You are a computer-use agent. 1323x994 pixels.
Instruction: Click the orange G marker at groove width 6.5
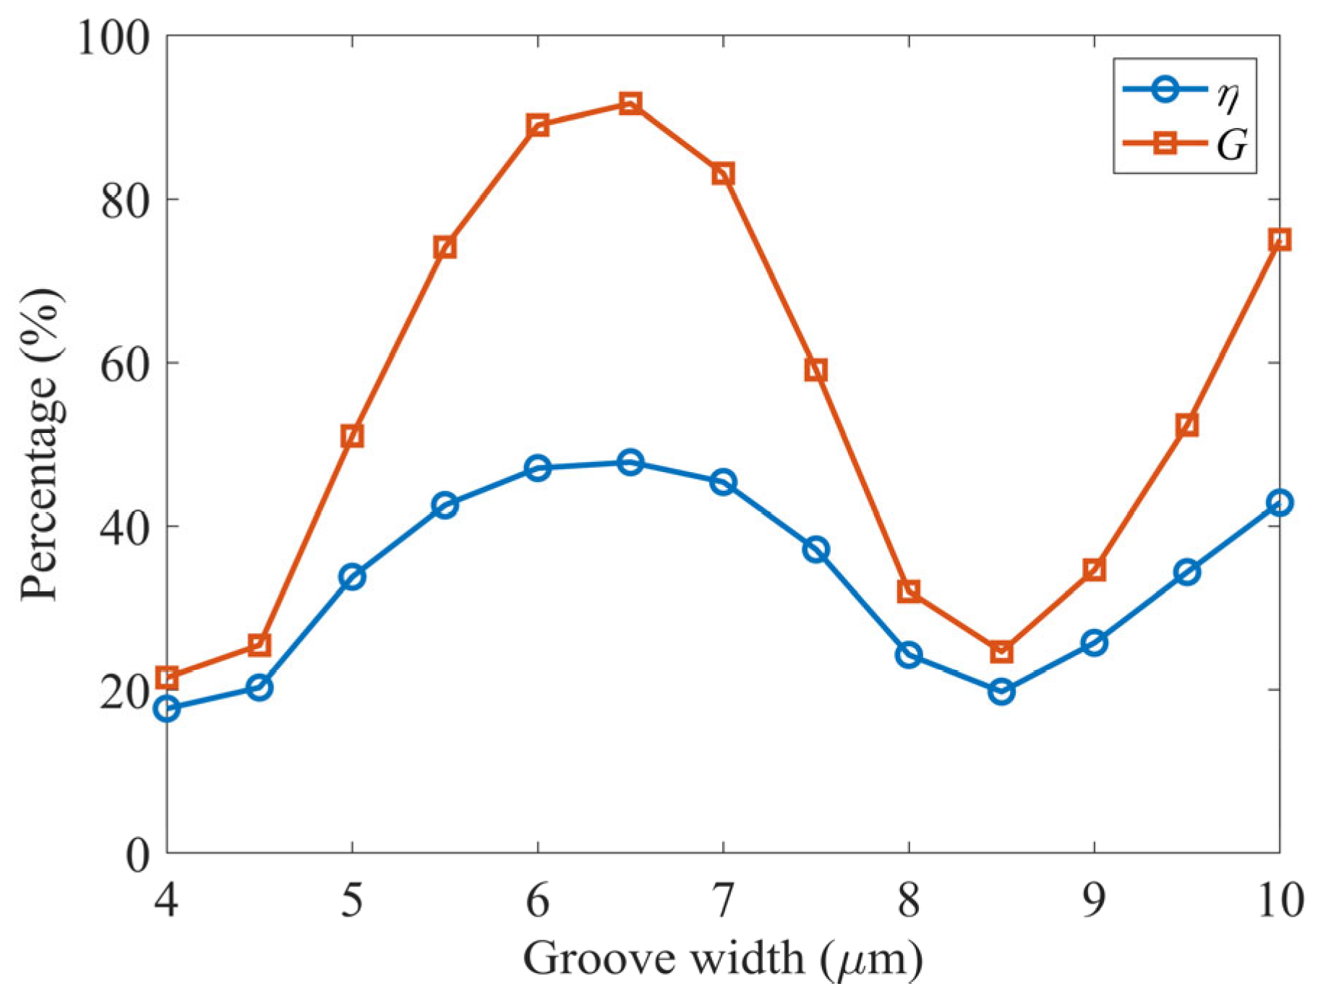[x=630, y=103]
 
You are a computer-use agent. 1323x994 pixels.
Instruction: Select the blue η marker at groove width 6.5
[x=630, y=462]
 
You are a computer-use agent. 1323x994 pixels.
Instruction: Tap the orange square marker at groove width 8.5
[x=1001, y=652]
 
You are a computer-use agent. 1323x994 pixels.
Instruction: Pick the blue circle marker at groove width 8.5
[x=1001, y=692]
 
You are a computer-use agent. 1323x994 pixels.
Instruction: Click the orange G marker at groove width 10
[x=1279, y=240]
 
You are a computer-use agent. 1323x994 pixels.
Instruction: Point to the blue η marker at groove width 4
[x=167, y=708]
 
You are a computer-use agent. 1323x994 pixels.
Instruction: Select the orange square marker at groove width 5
[x=352, y=436]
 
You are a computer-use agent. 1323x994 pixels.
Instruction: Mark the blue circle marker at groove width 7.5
[x=815, y=550]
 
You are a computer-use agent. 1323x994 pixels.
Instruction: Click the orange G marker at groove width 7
[x=723, y=174]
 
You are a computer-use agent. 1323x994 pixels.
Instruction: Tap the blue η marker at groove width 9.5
[x=1187, y=573]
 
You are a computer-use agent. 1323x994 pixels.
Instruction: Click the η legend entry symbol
[x=1165, y=90]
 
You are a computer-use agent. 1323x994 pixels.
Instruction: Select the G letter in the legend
[x=1232, y=145]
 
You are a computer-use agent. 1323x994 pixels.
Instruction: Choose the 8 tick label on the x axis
[x=909, y=901]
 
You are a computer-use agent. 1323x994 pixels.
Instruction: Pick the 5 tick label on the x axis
[x=352, y=901]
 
